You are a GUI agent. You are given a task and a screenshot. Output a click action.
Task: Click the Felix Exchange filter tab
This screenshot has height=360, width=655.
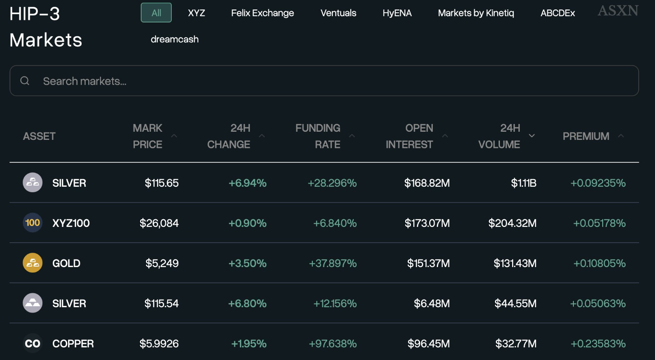pyautogui.click(x=262, y=13)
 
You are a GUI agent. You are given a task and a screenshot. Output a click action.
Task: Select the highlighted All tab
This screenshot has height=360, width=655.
pyautogui.click(x=156, y=13)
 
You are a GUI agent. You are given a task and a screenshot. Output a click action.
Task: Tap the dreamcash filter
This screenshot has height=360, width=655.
pyautogui.click(x=174, y=39)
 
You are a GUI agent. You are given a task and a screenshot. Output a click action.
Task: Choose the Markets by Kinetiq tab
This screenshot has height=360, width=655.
pyautogui.click(x=476, y=13)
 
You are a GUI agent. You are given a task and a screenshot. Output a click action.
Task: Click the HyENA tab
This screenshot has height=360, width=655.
pyautogui.click(x=397, y=13)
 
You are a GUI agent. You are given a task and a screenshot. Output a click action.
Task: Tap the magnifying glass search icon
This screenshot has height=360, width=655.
pyautogui.click(x=25, y=81)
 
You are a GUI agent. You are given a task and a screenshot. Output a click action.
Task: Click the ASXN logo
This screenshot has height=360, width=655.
pyautogui.click(x=618, y=11)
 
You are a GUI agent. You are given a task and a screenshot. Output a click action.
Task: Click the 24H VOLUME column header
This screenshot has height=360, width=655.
pyautogui.click(x=499, y=136)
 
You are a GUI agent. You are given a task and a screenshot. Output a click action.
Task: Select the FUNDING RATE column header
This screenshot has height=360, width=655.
pyautogui.click(x=318, y=136)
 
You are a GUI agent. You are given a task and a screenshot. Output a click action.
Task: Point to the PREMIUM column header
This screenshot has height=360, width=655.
pyautogui.click(x=586, y=136)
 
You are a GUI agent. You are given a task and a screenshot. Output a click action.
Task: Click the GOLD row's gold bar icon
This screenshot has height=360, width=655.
pyautogui.click(x=32, y=263)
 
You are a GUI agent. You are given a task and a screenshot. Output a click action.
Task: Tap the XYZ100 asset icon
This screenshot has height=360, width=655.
pyautogui.click(x=32, y=223)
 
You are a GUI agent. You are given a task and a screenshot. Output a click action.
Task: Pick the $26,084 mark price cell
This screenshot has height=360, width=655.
pyautogui.click(x=159, y=223)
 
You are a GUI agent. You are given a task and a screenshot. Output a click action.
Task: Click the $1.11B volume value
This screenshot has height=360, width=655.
pyautogui.click(x=523, y=183)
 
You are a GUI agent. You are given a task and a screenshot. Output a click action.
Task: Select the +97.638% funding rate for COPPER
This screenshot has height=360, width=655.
pyautogui.click(x=333, y=344)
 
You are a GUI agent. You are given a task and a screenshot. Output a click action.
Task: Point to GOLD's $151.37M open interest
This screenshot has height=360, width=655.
pyautogui.click(x=428, y=263)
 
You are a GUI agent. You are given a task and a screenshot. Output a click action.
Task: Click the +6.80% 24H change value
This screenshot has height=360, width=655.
pyautogui.click(x=247, y=303)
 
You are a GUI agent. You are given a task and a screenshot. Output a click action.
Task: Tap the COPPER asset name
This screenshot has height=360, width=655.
pyautogui.click(x=73, y=344)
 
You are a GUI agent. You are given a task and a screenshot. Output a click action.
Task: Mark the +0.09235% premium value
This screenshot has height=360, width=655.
pyautogui.click(x=598, y=183)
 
